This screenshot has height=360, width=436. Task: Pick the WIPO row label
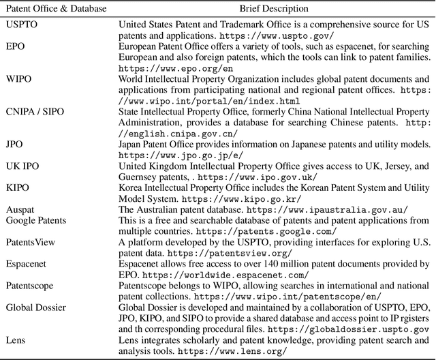[18, 80]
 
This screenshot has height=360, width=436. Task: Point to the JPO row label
[15, 145]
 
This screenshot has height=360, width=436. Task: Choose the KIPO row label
[18, 188]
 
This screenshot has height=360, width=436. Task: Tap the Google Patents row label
[37, 221]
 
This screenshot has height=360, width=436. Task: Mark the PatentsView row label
[31, 243]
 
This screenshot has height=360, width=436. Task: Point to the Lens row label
[16, 341]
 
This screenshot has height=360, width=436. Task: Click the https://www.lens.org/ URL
[231, 352]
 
